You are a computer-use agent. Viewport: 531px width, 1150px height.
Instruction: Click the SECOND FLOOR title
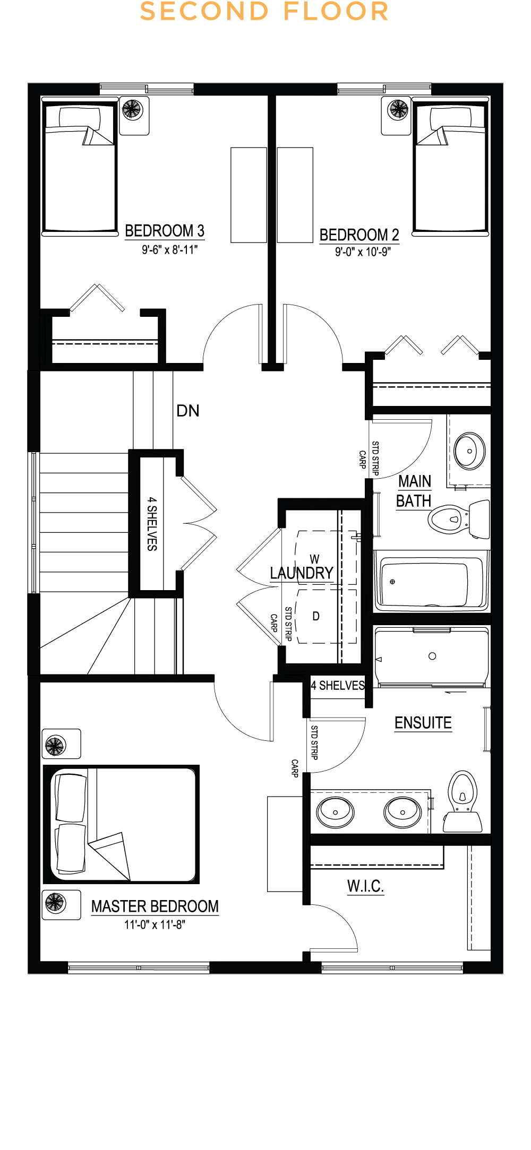[264, 12]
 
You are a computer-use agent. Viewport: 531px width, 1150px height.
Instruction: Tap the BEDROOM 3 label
[165, 231]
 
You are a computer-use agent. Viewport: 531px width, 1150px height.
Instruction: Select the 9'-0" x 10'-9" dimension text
[363, 252]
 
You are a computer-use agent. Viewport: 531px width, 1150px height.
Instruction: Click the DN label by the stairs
[188, 411]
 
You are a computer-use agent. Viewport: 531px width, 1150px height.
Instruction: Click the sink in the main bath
[469, 451]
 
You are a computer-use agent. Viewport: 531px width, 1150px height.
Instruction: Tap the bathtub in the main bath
[430, 582]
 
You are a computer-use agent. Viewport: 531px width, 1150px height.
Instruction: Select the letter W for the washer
[315, 559]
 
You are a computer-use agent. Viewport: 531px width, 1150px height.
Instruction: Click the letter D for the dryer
[316, 616]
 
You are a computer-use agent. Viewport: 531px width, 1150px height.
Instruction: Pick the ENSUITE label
[423, 723]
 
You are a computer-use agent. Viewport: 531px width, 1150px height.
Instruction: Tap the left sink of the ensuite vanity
[335, 812]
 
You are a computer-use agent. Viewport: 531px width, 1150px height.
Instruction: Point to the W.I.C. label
[365, 886]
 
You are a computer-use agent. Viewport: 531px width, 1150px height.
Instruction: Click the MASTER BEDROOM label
[155, 906]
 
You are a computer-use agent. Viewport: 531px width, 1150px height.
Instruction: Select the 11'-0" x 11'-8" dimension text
[155, 925]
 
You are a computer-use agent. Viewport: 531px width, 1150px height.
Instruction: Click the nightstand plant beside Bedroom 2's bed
[398, 110]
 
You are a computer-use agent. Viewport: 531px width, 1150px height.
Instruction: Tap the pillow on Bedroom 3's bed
[80, 117]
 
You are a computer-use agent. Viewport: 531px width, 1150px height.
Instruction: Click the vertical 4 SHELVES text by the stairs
[152, 524]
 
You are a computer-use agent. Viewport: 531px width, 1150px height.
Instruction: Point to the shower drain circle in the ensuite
[432, 656]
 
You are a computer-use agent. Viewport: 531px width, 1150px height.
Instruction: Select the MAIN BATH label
[414, 491]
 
